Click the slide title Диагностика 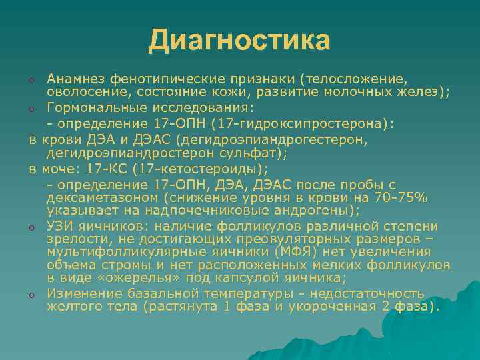(x=239, y=40)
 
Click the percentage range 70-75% (x=403, y=198)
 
